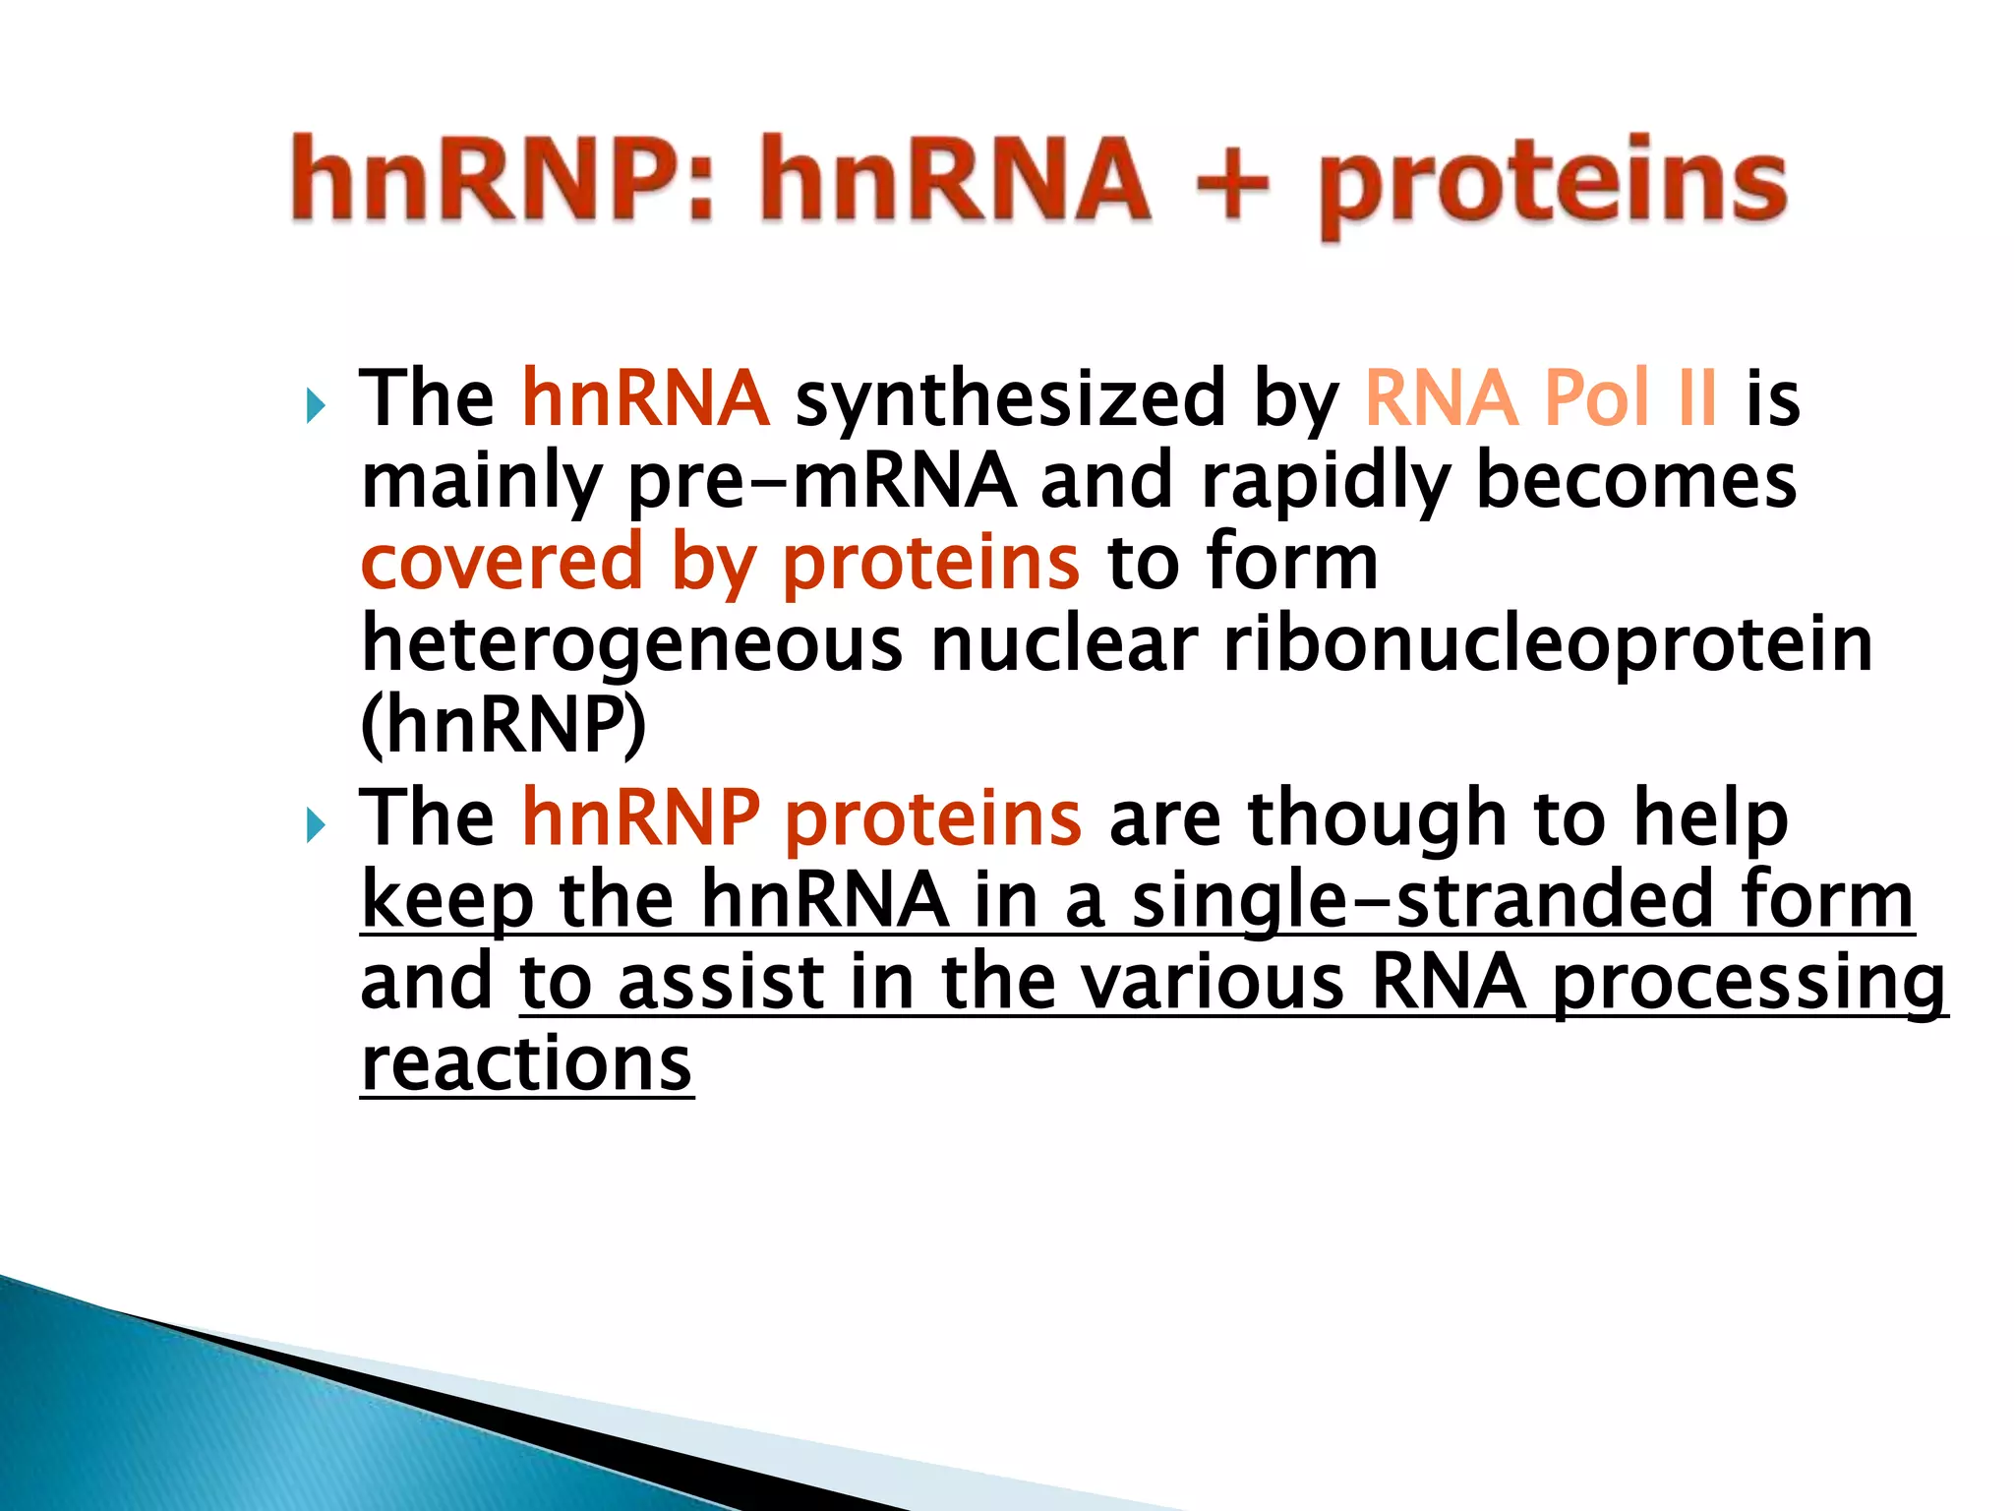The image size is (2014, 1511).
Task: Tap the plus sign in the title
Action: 1232,184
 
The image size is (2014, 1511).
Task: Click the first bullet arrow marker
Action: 315,404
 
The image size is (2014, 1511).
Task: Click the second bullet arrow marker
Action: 315,823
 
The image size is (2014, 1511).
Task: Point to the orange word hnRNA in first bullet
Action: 645,398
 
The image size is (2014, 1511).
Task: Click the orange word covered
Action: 502,564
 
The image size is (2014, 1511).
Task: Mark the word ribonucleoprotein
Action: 1547,646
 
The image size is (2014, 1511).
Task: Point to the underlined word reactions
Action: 526,1064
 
